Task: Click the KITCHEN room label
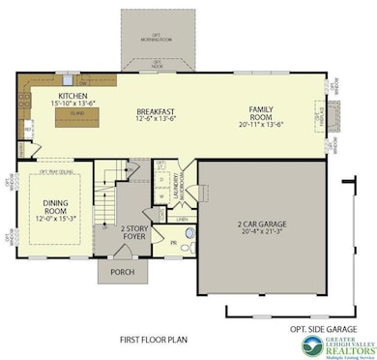tap(73, 97)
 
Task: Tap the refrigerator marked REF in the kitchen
tap(28, 126)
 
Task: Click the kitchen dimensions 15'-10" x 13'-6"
tap(73, 105)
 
